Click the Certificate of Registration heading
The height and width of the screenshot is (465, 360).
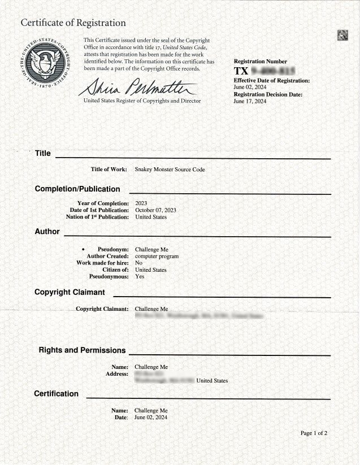[73, 23]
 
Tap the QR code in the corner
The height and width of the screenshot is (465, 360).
[342, 35]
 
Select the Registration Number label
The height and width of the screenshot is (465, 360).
[260, 62]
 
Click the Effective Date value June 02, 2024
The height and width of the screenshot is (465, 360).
[250, 88]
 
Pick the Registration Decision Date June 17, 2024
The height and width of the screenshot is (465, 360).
[250, 101]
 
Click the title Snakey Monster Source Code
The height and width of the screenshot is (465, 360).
[170, 170]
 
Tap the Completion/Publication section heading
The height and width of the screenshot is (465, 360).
[77, 189]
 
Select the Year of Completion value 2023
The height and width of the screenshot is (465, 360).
[141, 203]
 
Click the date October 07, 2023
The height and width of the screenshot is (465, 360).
[155, 210]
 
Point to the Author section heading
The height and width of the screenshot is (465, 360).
[47, 231]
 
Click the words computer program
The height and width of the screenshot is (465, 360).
[157, 256]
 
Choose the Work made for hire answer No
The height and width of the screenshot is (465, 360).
[138, 263]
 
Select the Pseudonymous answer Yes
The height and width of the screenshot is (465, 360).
[140, 276]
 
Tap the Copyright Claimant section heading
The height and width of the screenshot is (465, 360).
[70, 292]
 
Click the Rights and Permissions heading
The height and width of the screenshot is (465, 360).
[82, 350]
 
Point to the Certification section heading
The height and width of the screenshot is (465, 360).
[57, 393]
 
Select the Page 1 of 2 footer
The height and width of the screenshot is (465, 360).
[314, 433]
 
